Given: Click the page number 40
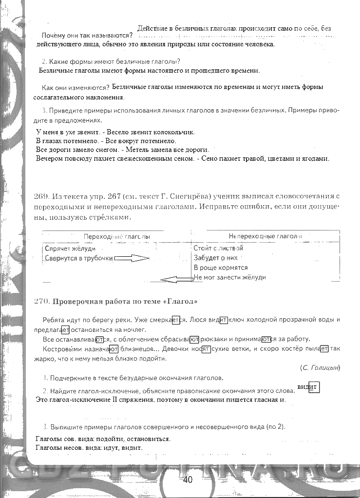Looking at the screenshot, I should click(188, 479).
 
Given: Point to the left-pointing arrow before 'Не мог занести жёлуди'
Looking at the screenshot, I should click(176, 279).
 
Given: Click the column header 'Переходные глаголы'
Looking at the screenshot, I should click(116, 236).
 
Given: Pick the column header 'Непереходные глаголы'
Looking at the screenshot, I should click(265, 236).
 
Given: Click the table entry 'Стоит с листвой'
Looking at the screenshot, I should click(218, 248).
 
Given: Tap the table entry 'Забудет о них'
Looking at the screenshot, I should click(215, 258).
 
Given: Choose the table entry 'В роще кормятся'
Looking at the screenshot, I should click(221, 268).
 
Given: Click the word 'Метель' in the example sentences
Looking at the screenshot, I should click(133, 150).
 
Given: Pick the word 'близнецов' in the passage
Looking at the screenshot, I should click(137, 349).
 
